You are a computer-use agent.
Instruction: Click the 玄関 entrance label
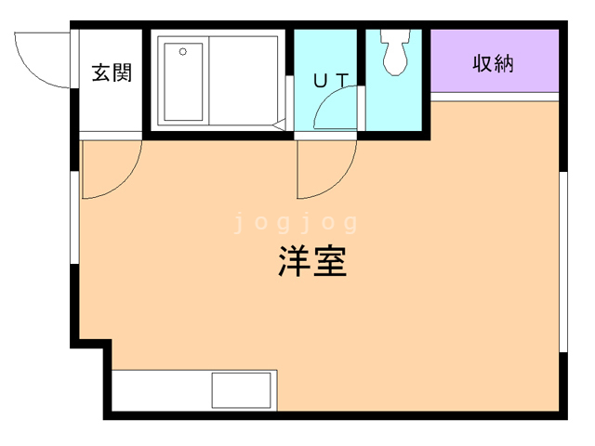111,73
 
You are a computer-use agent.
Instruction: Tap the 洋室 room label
311,262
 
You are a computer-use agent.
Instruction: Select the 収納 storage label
494,64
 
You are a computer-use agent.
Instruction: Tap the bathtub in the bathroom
182,80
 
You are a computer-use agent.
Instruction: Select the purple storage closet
495,61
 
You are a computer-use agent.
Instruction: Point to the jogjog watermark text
295,223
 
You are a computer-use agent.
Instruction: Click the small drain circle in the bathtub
182,51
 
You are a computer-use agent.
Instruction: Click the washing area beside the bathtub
244,80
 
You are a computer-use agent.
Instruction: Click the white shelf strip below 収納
495,97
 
